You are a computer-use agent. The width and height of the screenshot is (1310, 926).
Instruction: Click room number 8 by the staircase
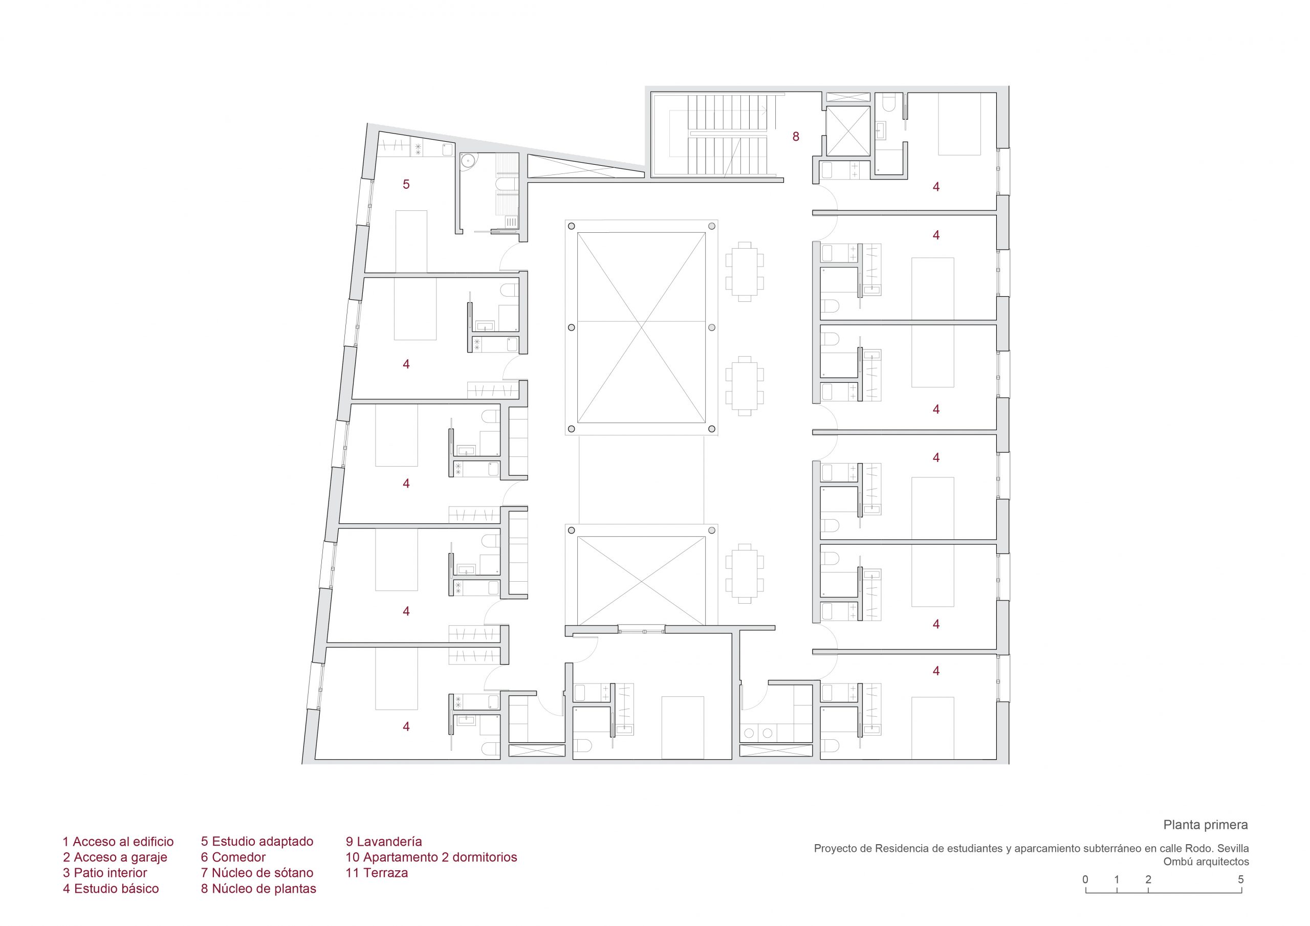point(795,137)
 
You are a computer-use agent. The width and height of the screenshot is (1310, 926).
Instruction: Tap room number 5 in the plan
point(406,184)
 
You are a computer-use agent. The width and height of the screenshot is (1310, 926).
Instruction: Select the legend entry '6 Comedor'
point(233,857)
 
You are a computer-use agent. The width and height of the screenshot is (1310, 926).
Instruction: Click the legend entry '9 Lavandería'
point(384,842)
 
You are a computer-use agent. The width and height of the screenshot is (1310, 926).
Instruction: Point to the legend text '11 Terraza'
point(377,873)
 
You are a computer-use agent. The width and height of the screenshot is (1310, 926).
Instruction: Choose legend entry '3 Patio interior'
point(105,873)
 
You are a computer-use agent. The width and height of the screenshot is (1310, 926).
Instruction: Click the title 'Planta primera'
point(1206,825)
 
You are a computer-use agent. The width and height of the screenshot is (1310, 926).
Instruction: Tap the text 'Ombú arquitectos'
point(1206,862)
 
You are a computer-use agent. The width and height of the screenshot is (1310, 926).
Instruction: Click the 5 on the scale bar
point(1240,879)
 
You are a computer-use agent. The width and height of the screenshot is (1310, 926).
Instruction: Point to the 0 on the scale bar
point(1085,879)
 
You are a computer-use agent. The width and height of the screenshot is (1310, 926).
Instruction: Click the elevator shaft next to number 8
point(848,130)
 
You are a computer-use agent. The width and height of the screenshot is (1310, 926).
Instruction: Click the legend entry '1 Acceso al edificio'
point(118,842)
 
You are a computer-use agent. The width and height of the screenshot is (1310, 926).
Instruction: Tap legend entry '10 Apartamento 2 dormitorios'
point(431,857)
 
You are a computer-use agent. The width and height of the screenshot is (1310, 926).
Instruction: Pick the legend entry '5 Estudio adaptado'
point(257,842)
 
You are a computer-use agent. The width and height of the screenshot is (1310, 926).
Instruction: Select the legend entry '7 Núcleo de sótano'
point(257,873)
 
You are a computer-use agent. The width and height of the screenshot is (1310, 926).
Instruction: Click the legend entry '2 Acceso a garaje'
point(115,857)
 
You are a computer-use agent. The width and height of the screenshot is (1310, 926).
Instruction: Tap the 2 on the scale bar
point(1148,879)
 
